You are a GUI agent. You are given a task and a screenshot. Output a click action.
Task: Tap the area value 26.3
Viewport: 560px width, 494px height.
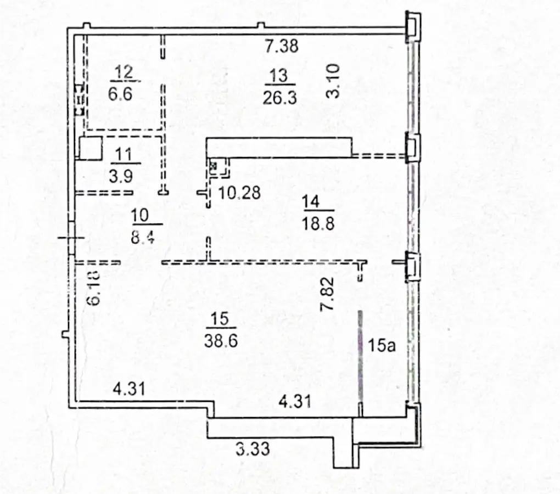pyautogui.click(x=279, y=97)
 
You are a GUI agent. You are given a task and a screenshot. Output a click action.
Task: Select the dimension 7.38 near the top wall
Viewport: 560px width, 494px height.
pyautogui.click(x=282, y=46)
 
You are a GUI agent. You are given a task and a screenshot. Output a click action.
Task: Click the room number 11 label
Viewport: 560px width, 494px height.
pyautogui.click(x=123, y=155)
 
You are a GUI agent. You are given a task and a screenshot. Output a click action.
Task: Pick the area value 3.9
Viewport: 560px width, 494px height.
pyautogui.click(x=121, y=176)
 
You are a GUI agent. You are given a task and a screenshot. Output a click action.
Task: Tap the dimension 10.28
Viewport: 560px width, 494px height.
pyautogui.click(x=239, y=193)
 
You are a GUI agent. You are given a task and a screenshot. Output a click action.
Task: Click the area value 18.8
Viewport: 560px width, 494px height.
pyautogui.click(x=318, y=224)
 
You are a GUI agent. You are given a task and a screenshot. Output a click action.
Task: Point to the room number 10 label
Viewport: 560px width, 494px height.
pyautogui.click(x=139, y=216)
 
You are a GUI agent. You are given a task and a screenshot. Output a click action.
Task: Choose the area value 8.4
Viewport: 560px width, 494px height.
pyautogui.click(x=143, y=237)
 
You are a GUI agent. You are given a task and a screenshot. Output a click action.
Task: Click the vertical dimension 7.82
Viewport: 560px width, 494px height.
pyautogui.click(x=328, y=294)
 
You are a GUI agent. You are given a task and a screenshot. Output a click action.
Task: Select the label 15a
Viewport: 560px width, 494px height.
pyautogui.click(x=382, y=345)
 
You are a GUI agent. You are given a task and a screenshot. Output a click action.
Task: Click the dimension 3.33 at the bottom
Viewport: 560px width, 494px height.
pyautogui.click(x=253, y=448)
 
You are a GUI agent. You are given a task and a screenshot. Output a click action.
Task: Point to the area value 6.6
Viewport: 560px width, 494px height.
pyautogui.click(x=120, y=94)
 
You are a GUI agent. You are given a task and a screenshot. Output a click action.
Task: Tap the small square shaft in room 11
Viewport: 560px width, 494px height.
pyautogui.click(x=91, y=148)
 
